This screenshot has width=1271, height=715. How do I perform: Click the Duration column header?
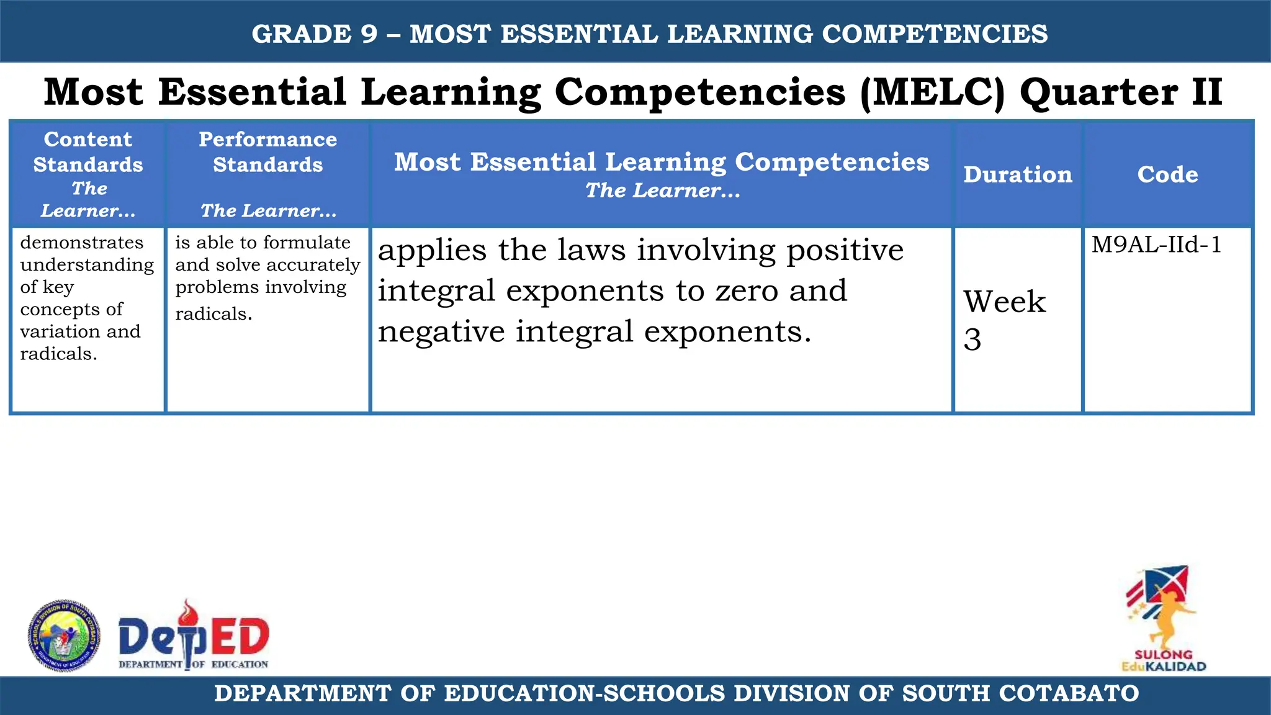[x=1017, y=174]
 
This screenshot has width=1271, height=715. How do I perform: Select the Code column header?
[x=1167, y=174]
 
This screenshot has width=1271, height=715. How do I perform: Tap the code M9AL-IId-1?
[x=1156, y=245]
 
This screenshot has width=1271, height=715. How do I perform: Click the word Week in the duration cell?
[x=1004, y=302]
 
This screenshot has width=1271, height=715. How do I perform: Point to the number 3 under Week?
[x=972, y=340]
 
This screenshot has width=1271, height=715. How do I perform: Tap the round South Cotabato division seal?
[x=64, y=636]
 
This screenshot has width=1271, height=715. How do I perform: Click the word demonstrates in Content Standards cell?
[x=82, y=243]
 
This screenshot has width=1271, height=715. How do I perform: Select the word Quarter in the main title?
[x=1098, y=92]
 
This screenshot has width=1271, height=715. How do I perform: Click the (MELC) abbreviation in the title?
[x=932, y=92]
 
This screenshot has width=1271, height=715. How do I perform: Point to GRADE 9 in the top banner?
[x=315, y=34]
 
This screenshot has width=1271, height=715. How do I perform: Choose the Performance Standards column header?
[x=267, y=152]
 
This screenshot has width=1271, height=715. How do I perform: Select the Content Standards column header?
[x=88, y=152]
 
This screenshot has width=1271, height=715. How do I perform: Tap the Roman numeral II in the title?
[x=1206, y=92]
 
